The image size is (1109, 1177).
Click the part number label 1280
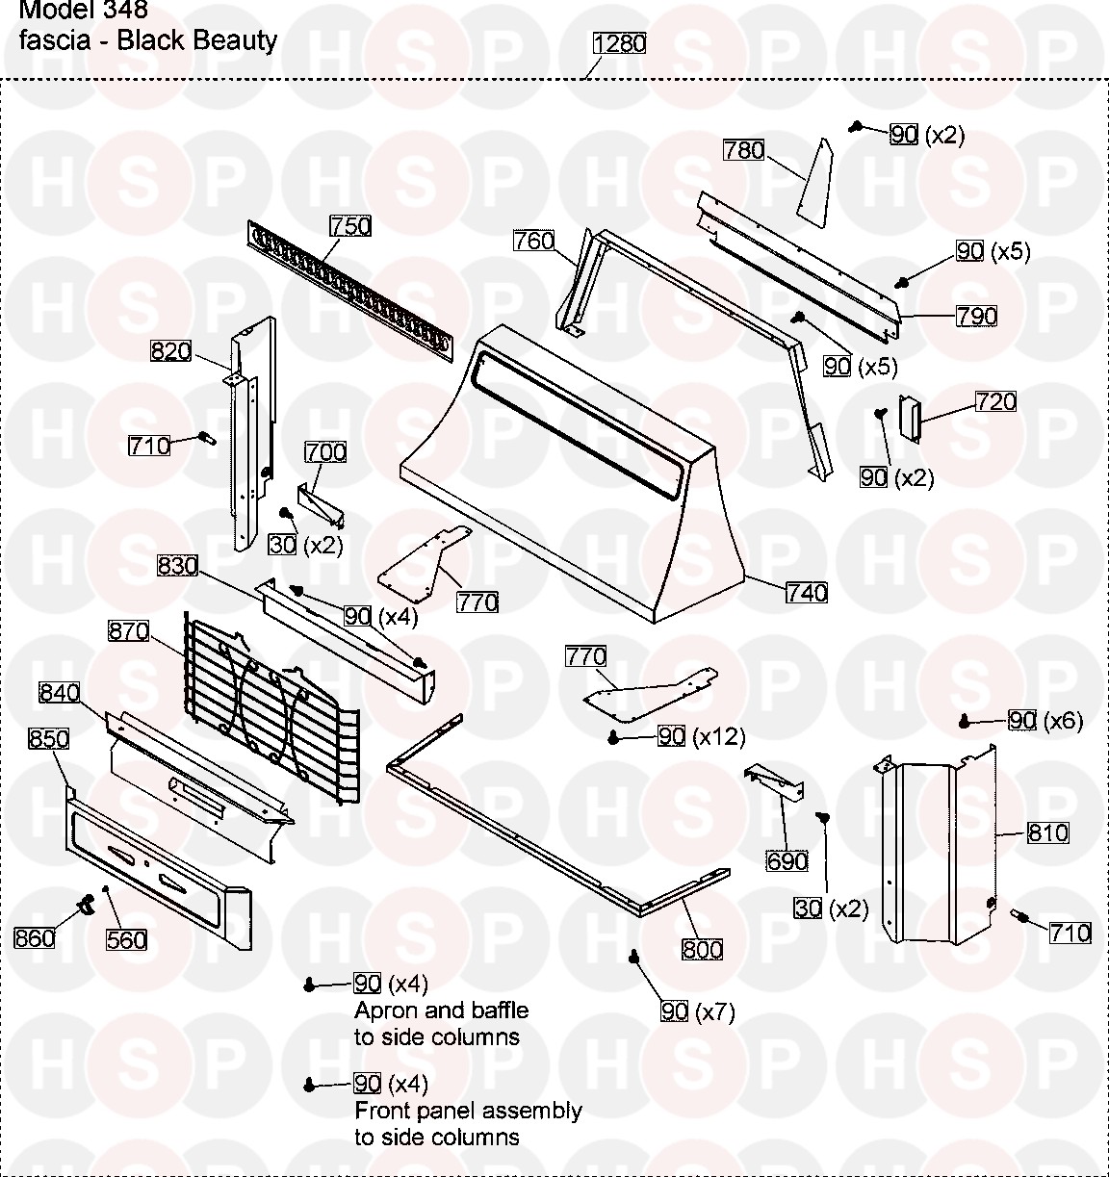click(620, 43)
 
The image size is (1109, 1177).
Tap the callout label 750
click(350, 226)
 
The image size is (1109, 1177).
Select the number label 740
click(806, 593)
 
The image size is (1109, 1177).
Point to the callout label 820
click(171, 351)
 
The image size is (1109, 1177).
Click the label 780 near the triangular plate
click(744, 150)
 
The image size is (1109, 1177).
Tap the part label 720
click(995, 401)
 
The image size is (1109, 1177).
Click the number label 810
click(1047, 832)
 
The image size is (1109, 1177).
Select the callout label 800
click(702, 950)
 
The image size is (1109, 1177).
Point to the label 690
click(787, 860)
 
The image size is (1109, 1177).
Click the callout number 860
click(35, 936)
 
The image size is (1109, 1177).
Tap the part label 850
click(49, 738)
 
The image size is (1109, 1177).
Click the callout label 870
click(129, 631)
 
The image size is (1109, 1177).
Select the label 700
click(325, 451)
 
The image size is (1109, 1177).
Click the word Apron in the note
click(383, 1011)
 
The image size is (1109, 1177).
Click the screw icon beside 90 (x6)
click(964, 722)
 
